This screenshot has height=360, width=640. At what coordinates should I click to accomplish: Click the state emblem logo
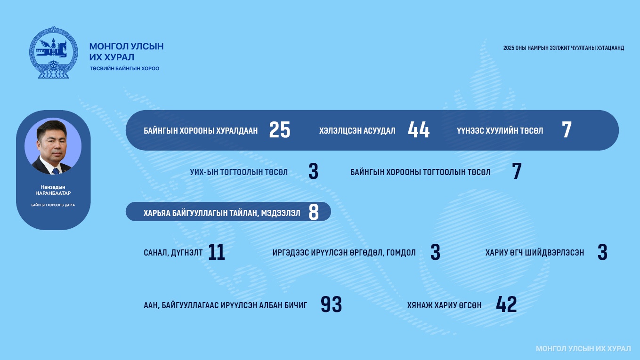tap(53, 52)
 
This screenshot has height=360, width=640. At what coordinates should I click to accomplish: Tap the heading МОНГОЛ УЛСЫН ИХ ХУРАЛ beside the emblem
tap(126, 52)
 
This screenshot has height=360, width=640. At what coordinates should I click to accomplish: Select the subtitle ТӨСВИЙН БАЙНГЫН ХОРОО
tap(124, 69)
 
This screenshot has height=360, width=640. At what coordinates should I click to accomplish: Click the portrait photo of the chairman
tap(53, 146)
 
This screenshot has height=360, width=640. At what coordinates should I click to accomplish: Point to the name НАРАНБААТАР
tap(53, 193)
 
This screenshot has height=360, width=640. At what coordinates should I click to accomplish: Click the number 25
tap(279, 130)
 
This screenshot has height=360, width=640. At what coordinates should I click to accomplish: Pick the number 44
tap(419, 130)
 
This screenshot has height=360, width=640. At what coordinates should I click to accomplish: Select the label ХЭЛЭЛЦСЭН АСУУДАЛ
tap(357, 131)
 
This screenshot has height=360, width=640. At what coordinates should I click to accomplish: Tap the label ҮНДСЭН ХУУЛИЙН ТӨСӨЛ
tap(500, 131)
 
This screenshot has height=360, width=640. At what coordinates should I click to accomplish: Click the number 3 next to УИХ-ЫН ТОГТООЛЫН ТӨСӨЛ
tap(314, 171)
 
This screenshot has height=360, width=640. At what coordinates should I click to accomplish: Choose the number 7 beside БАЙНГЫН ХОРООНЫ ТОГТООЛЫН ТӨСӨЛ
tap(517, 171)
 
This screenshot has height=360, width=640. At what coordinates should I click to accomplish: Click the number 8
tap(314, 212)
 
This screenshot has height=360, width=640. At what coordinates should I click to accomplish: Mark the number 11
tap(216, 252)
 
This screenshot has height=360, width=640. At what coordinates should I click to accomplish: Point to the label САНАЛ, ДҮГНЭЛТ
tap(173, 253)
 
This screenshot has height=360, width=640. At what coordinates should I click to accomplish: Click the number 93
tap(331, 304)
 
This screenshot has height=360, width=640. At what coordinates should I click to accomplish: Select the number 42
tap(506, 304)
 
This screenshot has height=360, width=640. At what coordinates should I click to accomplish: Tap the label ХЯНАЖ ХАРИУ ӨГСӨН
tap(444, 305)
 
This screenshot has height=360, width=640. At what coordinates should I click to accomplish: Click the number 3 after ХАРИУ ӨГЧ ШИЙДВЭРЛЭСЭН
tap(602, 252)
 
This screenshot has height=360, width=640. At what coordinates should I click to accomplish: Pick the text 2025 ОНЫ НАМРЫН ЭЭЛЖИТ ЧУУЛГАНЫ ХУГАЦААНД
tap(563, 48)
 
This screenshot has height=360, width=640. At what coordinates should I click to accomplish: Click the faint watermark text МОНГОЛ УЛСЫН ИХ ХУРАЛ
tap(583, 349)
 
